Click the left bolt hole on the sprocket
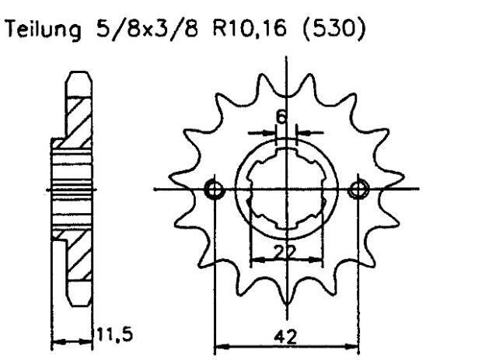coord(214,189)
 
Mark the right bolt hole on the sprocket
coord(358,189)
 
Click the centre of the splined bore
coord(285,189)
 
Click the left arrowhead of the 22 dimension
coord(253,259)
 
